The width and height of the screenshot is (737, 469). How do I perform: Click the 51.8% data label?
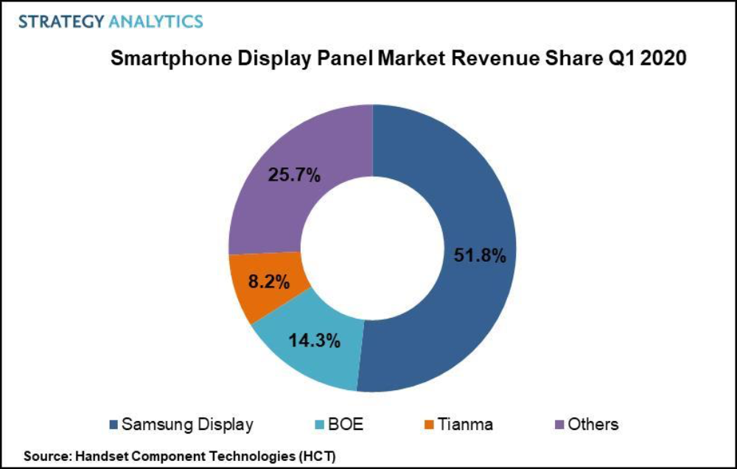[479, 256]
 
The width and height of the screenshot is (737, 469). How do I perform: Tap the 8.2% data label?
[268, 281]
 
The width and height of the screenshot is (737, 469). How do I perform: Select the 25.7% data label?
[293, 176]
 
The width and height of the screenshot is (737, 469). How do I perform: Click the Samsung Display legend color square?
[113, 425]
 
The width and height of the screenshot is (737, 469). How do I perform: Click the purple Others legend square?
[558, 425]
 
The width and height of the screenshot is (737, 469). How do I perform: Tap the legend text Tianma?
[467, 425]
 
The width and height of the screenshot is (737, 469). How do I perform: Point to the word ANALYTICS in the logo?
[156, 21]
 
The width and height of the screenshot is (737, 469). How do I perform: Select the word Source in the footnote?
[43, 456]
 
